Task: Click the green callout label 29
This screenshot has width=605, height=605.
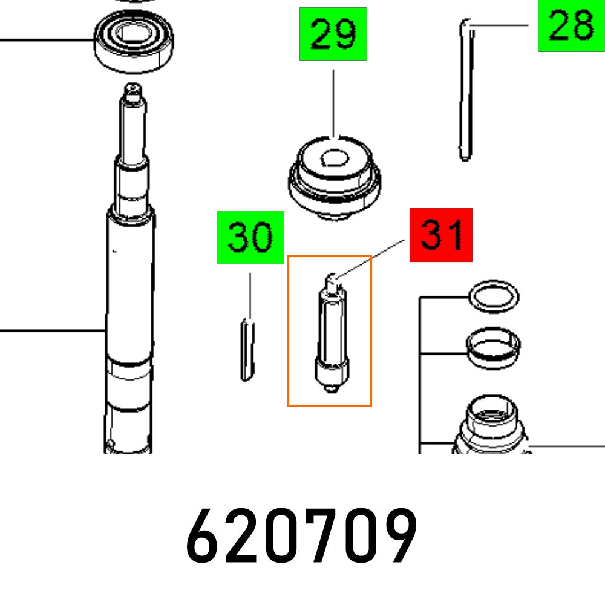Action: click(333, 34)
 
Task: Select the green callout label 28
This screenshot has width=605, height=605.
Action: click(571, 26)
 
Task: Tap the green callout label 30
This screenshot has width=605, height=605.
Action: click(250, 237)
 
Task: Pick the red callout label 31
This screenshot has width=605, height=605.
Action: click(440, 235)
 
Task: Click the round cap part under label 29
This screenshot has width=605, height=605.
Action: click(334, 175)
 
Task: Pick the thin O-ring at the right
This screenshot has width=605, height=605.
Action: click(494, 297)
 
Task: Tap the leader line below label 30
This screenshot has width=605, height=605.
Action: click(249, 296)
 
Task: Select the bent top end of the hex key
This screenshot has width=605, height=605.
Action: click(467, 25)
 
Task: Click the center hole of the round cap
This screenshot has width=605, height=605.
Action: click(334, 159)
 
